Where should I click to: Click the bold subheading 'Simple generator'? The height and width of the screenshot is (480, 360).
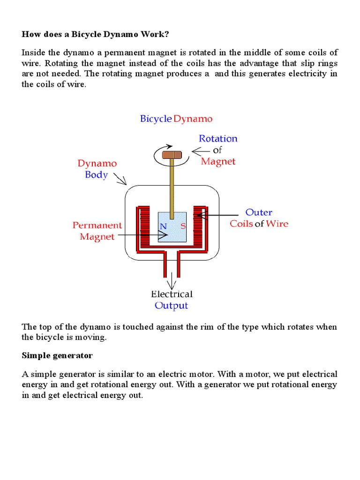click(x=57, y=355)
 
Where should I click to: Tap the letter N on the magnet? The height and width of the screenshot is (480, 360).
click(x=163, y=225)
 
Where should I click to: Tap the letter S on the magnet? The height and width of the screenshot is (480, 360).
click(x=183, y=225)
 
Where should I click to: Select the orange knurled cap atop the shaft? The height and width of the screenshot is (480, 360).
click(x=172, y=154)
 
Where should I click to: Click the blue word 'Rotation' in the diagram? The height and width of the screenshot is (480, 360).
click(x=218, y=139)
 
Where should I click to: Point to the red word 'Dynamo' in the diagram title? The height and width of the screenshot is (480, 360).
click(x=193, y=119)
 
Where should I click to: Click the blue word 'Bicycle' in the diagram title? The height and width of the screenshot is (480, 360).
click(x=156, y=119)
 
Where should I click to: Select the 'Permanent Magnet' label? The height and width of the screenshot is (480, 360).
click(x=97, y=231)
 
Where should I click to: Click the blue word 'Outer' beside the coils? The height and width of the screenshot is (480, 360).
click(x=259, y=212)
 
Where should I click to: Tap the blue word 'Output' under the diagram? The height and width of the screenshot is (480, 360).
click(x=171, y=306)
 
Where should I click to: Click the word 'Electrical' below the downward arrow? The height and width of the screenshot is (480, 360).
click(x=172, y=294)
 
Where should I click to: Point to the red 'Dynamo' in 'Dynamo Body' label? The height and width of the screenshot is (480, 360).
click(x=97, y=164)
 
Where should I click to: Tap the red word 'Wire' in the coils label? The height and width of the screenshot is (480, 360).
click(x=277, y=224)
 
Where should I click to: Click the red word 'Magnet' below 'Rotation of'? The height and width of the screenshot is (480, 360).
click(x=218, y=162)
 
